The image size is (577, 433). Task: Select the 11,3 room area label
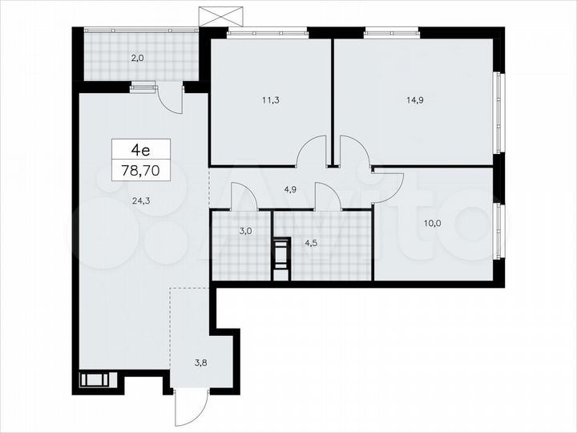click(x=271, y=101)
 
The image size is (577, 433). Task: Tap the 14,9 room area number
click(x=417, y=101)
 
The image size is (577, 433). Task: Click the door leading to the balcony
click(x=169, y=100)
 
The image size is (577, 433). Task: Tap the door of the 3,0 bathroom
click(x=243, y=196)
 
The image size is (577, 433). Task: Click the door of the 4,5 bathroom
click(x=328, y=196)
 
